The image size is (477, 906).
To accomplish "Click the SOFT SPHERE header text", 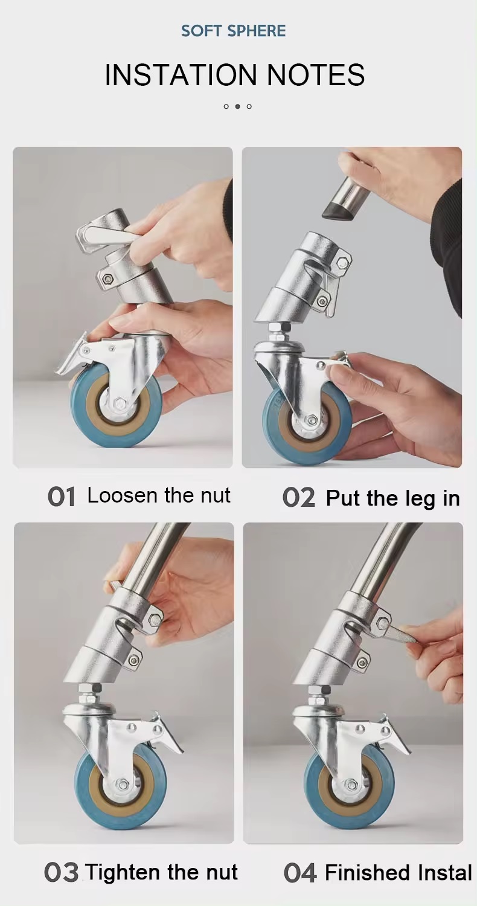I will click(x=234, y=31).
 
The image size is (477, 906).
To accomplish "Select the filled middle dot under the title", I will click(x=237, y=106).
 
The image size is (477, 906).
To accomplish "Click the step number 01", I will click(x=62, y=497).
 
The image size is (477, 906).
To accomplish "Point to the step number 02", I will click(x=298, y=498).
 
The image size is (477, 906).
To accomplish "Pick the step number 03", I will click(x=61, y=873).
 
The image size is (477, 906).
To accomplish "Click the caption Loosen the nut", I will click(x=159, y=496).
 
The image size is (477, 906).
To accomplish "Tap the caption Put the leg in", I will click(x=392, y=498).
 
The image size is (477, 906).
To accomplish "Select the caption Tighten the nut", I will click(x=161, y=872).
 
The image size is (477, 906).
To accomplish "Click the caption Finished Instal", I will click(x=398, y=873).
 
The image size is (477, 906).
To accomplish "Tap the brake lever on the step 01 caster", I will click(x=72, y=360).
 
